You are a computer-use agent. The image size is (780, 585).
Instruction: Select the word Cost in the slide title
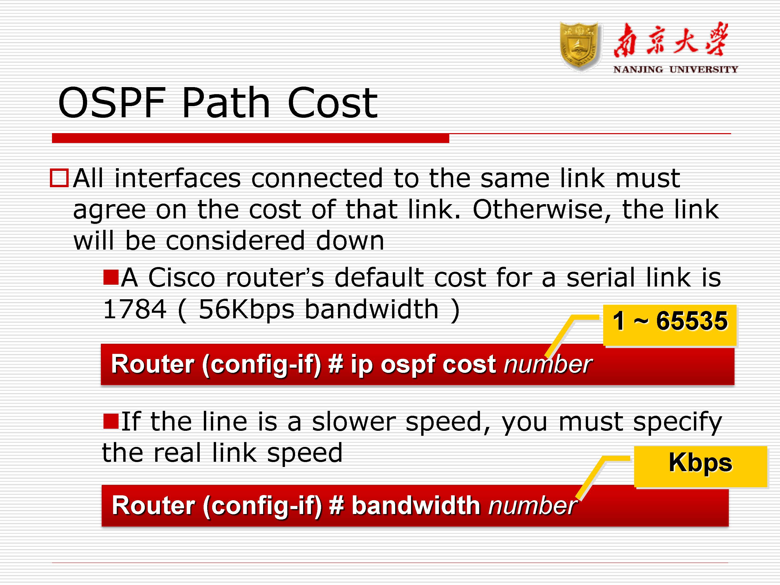[x=333, y=103]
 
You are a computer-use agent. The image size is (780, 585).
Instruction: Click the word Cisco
[x=181, y=277]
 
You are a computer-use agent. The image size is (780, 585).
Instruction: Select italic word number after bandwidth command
[x=532, y=505]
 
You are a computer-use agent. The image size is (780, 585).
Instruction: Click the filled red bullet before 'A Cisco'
[x=111, y=277]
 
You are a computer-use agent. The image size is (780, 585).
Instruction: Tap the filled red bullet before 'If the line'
[x=111, y=421]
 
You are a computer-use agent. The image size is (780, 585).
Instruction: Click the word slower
[x=353, y=422]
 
